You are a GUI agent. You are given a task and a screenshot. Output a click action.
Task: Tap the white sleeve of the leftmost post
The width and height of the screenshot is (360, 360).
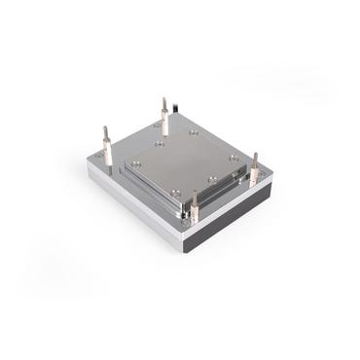(106, 153)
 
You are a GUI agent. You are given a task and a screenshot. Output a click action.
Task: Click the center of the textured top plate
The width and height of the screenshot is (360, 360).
(184, 166)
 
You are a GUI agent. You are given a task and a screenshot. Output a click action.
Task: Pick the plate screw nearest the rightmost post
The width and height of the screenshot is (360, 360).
(234, 158)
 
